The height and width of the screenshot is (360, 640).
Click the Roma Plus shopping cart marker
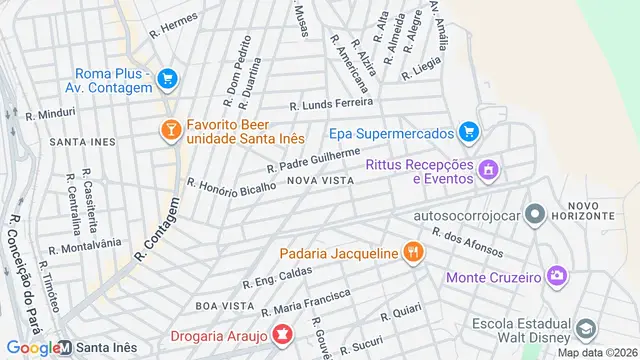(x=167, y=77)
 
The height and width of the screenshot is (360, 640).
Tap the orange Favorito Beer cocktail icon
(x=170, y=128)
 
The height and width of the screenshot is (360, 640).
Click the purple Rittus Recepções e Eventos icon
(x=488, y=169)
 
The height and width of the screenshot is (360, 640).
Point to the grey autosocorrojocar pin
(x=536, y=214)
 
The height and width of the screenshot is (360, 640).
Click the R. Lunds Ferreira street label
(x=330, y=103)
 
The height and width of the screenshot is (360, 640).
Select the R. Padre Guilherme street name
(x=312, y=159)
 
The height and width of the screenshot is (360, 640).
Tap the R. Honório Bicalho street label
(x=231, y=187)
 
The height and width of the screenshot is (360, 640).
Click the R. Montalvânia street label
(x=84, y=244)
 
